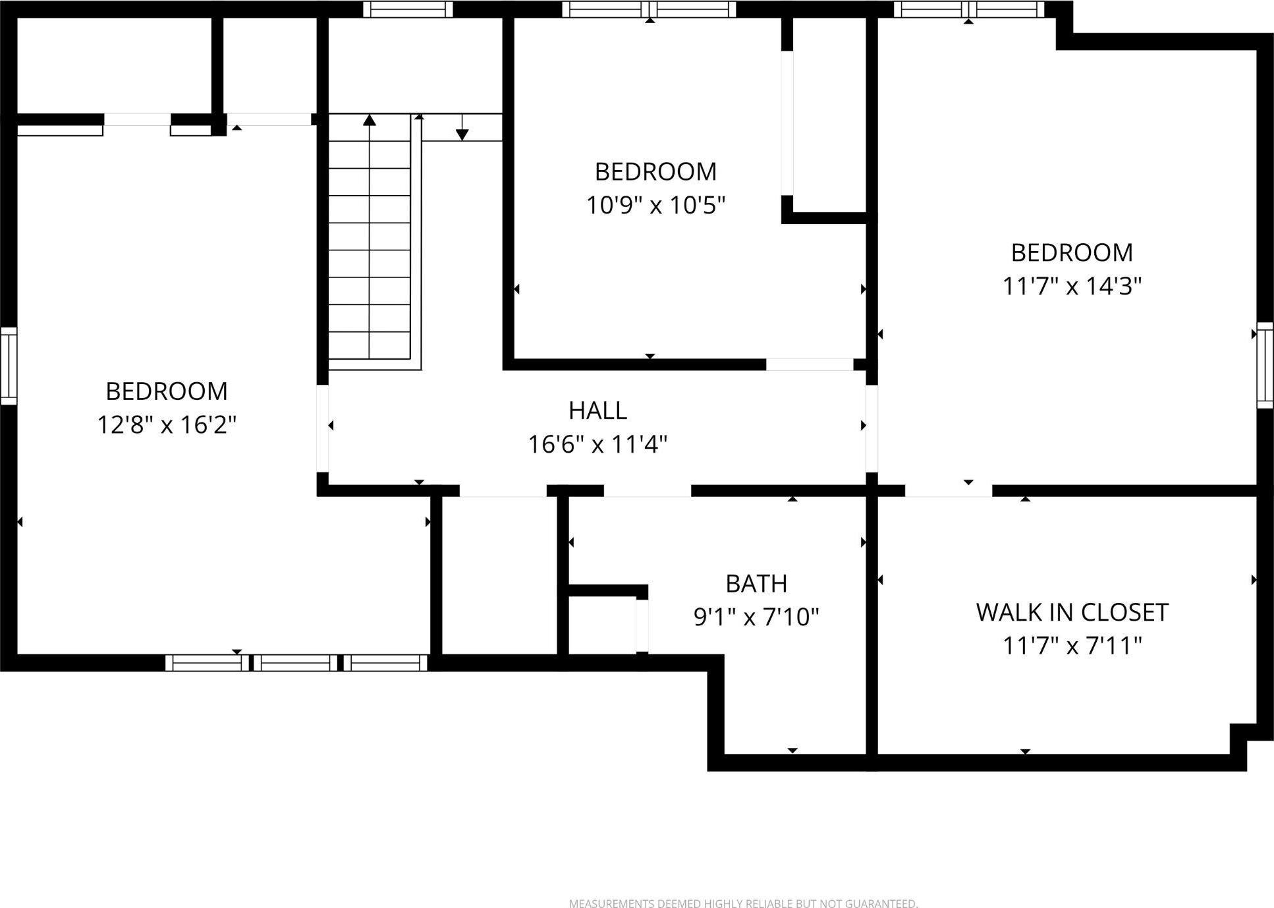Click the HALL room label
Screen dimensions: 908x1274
[x=597, y=411]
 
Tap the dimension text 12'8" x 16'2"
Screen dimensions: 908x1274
[x=167, y=424]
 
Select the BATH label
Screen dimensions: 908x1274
[x=756, y=583]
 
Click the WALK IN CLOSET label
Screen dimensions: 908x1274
[x=1072, y=612]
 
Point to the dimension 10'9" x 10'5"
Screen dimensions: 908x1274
[x=655, y=206]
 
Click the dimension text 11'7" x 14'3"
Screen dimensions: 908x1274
[x=1072, y=287]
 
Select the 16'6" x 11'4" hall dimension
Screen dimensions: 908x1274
[x=597, y=445]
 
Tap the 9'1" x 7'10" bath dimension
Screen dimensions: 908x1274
[x=756, y=617]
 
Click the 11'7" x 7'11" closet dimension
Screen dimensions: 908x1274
[x=1072, y=646]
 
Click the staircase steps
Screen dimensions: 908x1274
[x=370, y=250]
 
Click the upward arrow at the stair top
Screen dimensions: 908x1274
[x=370, y=121]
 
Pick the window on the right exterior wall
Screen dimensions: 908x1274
[x=1264, y=365]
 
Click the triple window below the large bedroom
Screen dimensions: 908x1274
[x=296, y=662]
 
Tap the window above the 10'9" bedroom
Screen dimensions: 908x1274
[x=649, y=9]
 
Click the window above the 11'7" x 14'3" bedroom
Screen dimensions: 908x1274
[x=968, y=9]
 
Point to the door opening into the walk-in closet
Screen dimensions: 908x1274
[x=948, y=491]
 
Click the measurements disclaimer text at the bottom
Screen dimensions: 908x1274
[x=743, y=903]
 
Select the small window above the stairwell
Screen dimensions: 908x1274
[x=408, y=9]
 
